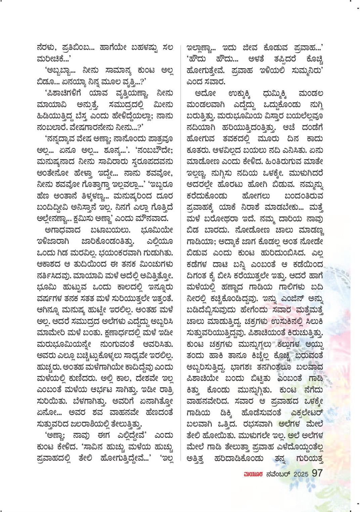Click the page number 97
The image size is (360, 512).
click(317, 473)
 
